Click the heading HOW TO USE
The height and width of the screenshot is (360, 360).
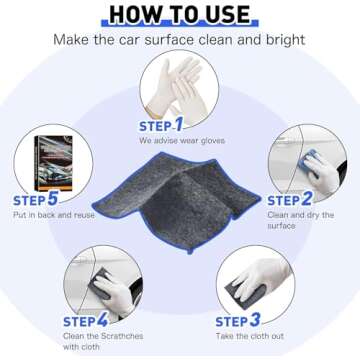tap(179, 13)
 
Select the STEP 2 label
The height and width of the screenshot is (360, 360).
tap(290, 200)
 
